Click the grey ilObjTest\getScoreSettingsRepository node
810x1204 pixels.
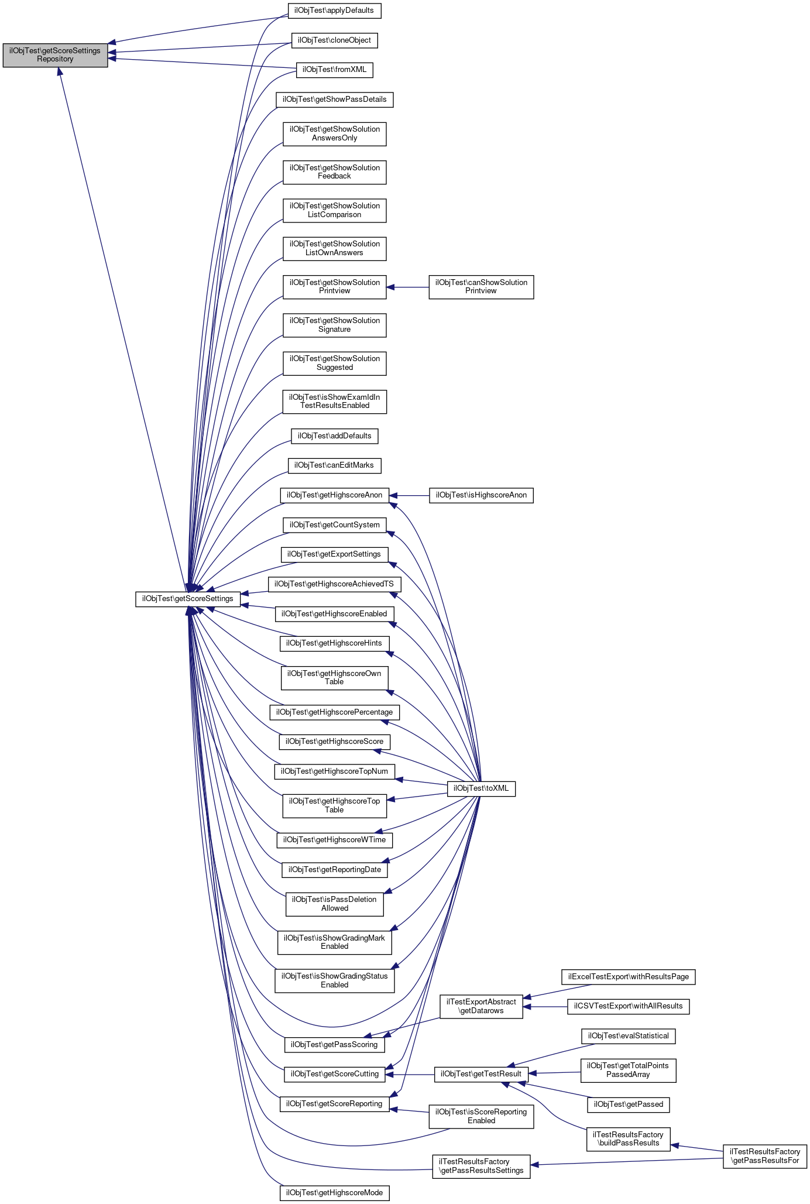pos(55,55)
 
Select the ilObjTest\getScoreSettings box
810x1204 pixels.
pos(188,599)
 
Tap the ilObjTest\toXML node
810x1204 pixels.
pos(481,788)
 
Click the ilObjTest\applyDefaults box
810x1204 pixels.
pos(334,11)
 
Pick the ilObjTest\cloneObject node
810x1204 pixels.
pos(334,40)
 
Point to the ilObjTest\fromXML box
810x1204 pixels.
pos(334,70)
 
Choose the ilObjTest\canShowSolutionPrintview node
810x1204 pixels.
pos(480,287)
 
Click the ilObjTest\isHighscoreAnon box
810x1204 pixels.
pos(480,495)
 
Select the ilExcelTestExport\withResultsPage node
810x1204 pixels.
pos(628,977)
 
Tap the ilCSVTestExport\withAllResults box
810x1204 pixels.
pos(628,1006)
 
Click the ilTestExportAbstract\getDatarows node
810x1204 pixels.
pos(480,1006)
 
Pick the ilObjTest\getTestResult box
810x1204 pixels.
pos(480,1074)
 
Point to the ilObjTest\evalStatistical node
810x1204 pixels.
pos(628,1036)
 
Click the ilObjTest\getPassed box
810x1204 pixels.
pos(628,1104)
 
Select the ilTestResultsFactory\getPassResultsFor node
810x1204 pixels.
pos(764,1156)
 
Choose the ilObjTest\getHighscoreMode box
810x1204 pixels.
pos(334,1193)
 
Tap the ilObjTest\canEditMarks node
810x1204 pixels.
pos(334,465)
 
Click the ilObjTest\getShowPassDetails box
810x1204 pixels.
pos(334,100)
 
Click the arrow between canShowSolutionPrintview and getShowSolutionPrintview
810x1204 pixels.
pos(407,287)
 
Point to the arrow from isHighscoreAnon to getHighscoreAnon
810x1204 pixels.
pos(409,496)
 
